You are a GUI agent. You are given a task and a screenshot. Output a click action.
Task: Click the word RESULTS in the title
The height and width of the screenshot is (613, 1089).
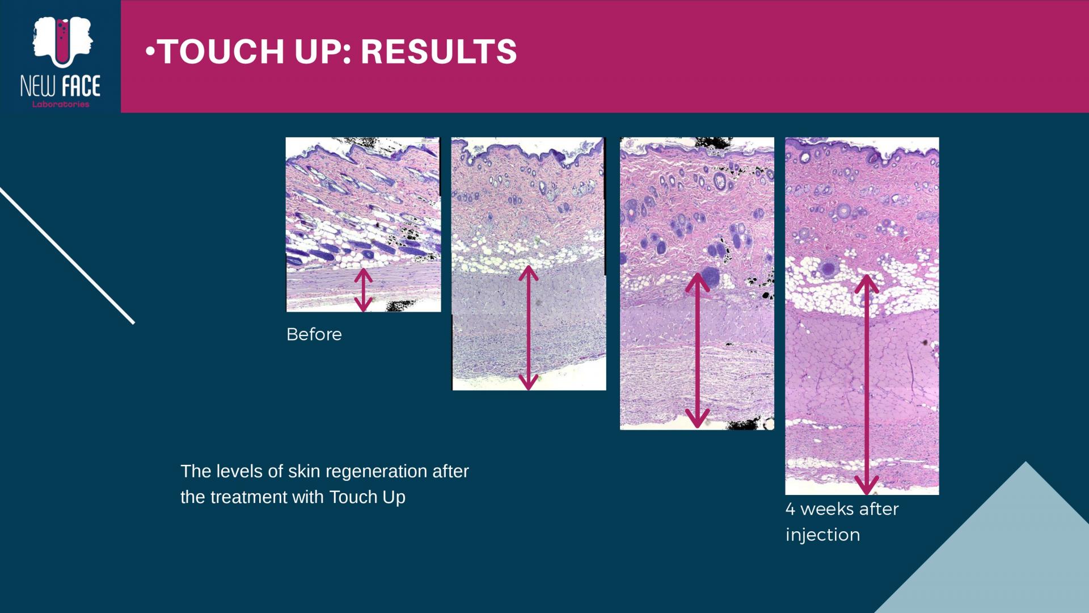tap(438, 52)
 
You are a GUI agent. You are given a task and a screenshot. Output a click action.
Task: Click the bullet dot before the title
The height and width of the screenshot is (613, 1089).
tap(150, 52)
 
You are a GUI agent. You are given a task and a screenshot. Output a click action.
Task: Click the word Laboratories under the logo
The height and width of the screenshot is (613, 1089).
tap(61, 104)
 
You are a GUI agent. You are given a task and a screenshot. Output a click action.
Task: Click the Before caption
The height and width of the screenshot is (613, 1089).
tap(314, 334)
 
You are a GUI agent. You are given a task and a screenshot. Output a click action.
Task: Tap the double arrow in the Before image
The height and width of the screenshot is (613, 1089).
tap(363, 290)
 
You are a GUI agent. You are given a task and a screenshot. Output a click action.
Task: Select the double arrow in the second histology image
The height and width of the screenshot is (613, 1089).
tap(528, 328)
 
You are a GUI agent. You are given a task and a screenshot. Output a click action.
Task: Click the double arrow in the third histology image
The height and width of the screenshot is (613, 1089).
tap(697, 351)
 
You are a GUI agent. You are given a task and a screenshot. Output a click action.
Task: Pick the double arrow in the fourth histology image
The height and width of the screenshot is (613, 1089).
tap(866, 384)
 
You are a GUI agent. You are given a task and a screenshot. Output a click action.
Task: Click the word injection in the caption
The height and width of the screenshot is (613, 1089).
tap(822, 535)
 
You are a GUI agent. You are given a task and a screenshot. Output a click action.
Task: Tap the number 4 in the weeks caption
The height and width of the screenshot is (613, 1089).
tap(790, 509)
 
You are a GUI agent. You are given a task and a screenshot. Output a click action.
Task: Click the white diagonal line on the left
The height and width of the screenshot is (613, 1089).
tap(67, 256)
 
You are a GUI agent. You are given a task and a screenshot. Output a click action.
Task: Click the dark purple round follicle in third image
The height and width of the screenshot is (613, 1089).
tap(709, 278)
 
